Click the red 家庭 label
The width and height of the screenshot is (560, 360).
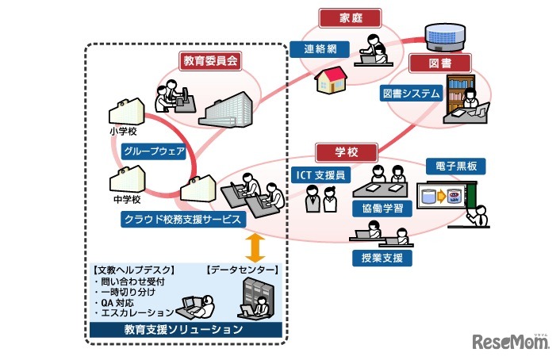(x=349, y=17)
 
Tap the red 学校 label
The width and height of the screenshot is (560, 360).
(x=347, y=151)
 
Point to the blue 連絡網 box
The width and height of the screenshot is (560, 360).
(x=320, y=49)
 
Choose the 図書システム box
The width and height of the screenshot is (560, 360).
(x=410, y=94)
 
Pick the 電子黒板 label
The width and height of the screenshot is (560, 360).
(x=455, y=167)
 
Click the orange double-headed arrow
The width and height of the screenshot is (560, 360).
(x=255, y=248)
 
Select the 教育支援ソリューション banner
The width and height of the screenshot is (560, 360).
(x=183, y=328)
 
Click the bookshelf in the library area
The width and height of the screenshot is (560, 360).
(x=459, y=91)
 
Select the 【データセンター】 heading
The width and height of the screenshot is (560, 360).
(x=242, y=270)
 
